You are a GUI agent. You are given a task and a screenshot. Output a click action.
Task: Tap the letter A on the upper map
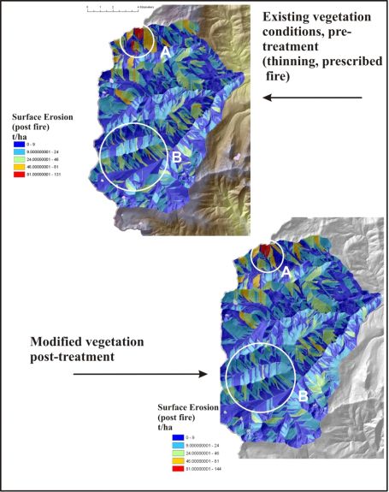(163, 52)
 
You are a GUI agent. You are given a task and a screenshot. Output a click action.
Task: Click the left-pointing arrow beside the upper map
(312, 98)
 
